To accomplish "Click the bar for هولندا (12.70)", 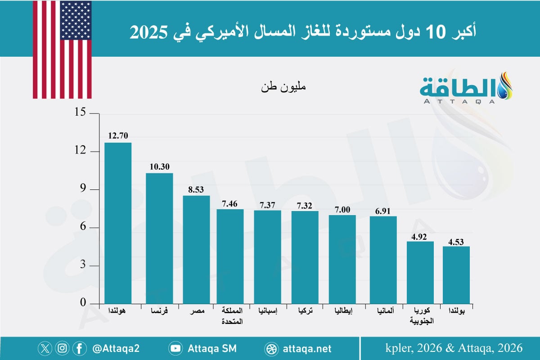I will click(118, 223).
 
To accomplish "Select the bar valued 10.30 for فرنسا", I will click(159, 238).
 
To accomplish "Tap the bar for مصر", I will click(196, 250).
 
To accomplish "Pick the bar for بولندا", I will click(456, 275).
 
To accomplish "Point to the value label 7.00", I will click(342, 208).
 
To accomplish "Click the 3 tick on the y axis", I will click(83, 266).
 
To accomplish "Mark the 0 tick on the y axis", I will click(83, 304).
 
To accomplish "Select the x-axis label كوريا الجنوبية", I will click(420, 316).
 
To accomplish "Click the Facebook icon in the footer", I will click(79, 348).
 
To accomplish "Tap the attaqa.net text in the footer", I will click(308, 348).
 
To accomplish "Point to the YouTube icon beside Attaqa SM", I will click(175, 348).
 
